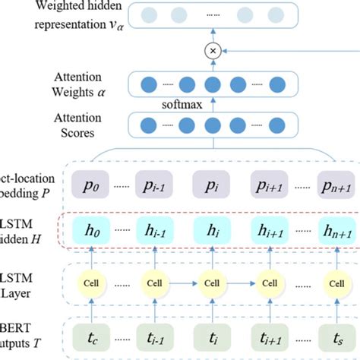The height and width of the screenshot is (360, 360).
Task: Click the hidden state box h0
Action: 93,229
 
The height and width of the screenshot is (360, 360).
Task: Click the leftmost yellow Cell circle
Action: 93,283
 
